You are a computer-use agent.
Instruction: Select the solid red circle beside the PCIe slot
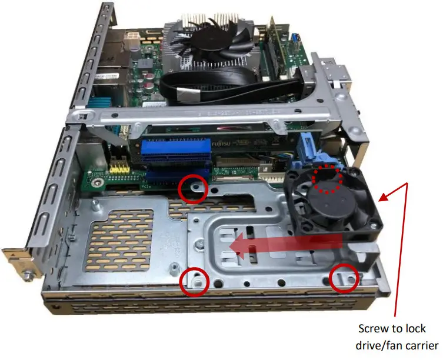pyautogui.click(x=194, y=188)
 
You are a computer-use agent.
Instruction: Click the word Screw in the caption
pyautogui.click(x=375, y=329)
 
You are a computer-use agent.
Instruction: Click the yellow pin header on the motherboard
pyautogui.click(x=121, y=168)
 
